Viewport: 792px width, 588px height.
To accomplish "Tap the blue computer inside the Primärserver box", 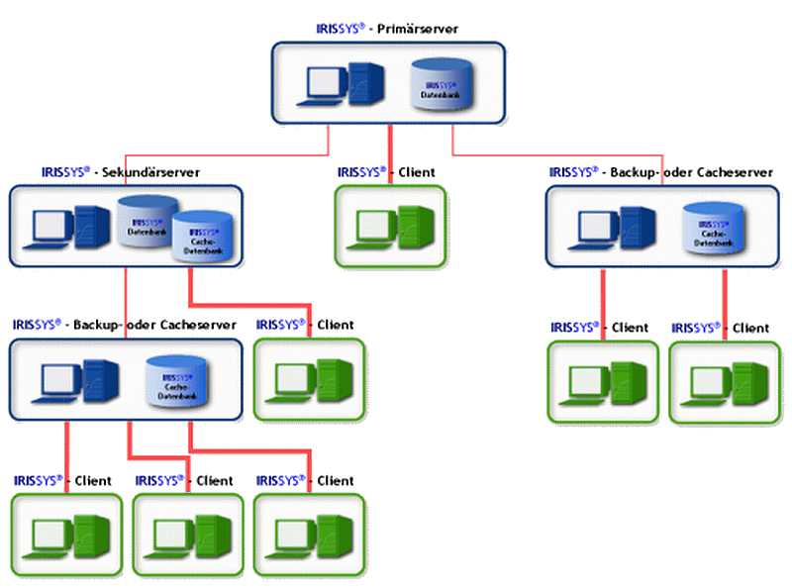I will click(342, 83).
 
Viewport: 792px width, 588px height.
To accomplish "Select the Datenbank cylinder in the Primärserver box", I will click(436, 83).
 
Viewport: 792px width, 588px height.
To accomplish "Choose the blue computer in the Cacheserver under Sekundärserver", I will click(74, 382).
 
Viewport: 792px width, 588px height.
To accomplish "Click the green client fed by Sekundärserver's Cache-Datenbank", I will click(310, 379).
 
